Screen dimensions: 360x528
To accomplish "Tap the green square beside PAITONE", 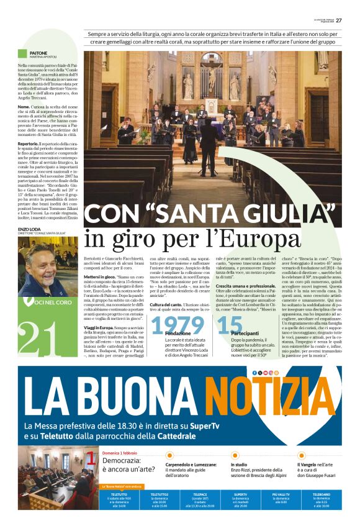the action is [22, 53].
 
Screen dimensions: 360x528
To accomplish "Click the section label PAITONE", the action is [39, 53].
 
